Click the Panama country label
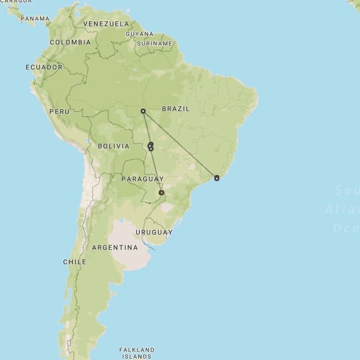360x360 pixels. click(35, 19)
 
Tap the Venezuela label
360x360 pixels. click(106, 24)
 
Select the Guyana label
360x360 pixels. click(139, 34)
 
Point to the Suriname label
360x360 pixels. click(155, 43)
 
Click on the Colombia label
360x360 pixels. click(70, 42)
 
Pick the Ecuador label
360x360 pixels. click(44, 67)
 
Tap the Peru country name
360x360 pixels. click(59, 111)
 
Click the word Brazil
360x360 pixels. click(176, 109)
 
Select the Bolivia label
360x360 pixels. click(114, 146)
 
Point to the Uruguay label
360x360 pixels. click(154, 232)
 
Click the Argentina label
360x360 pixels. click(115, 247)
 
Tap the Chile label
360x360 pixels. click(75, 262)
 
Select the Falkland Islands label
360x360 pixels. click(137, 353)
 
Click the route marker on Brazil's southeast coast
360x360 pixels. click(217, 178)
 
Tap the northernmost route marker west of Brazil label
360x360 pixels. click(143, 111)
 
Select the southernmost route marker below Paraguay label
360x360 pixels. click(161, 192)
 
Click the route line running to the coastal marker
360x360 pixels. click(180, 145)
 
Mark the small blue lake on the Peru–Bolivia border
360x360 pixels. click(89, 140)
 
